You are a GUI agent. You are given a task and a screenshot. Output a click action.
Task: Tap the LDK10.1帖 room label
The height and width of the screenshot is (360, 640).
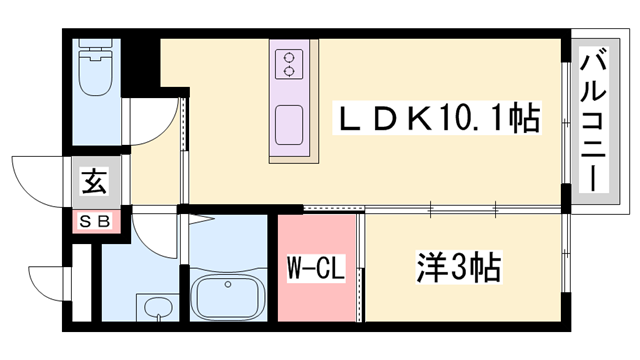coord(436,120)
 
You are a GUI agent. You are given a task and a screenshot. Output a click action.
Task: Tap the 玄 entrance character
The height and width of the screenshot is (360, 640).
coord(94,183)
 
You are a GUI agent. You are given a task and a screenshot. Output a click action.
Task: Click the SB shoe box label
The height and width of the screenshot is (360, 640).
coord(94,221)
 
